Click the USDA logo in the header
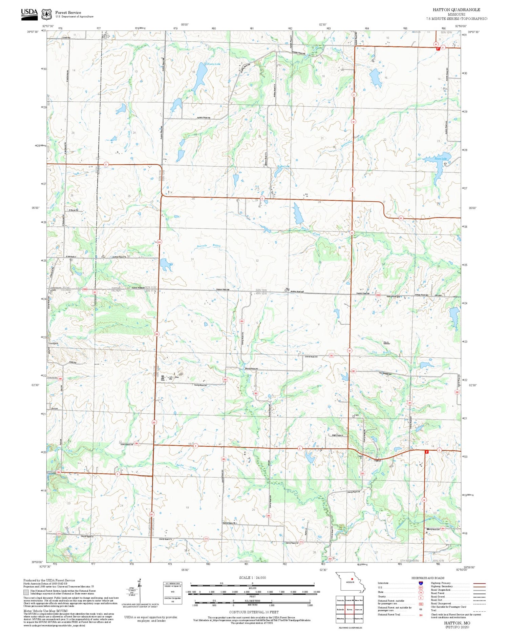click(29, 14)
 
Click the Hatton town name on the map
click(378, 461)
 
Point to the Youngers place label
click(53, 343)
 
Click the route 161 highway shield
click(401, 218)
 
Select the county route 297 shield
click(95, 292)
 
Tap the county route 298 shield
click(60, 379)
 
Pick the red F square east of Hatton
click(426, 452)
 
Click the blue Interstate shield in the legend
click(421, 583)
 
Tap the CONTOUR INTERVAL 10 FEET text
click(254, 612)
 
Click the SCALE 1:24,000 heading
click(252, 577)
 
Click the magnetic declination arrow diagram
click(139, 591)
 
